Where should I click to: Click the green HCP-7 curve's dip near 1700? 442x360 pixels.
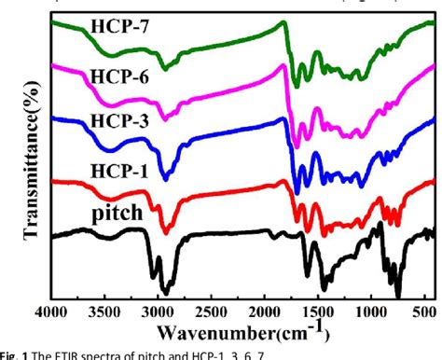click(297, 85)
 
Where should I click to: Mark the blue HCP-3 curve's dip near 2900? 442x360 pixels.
click(166, 178)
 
